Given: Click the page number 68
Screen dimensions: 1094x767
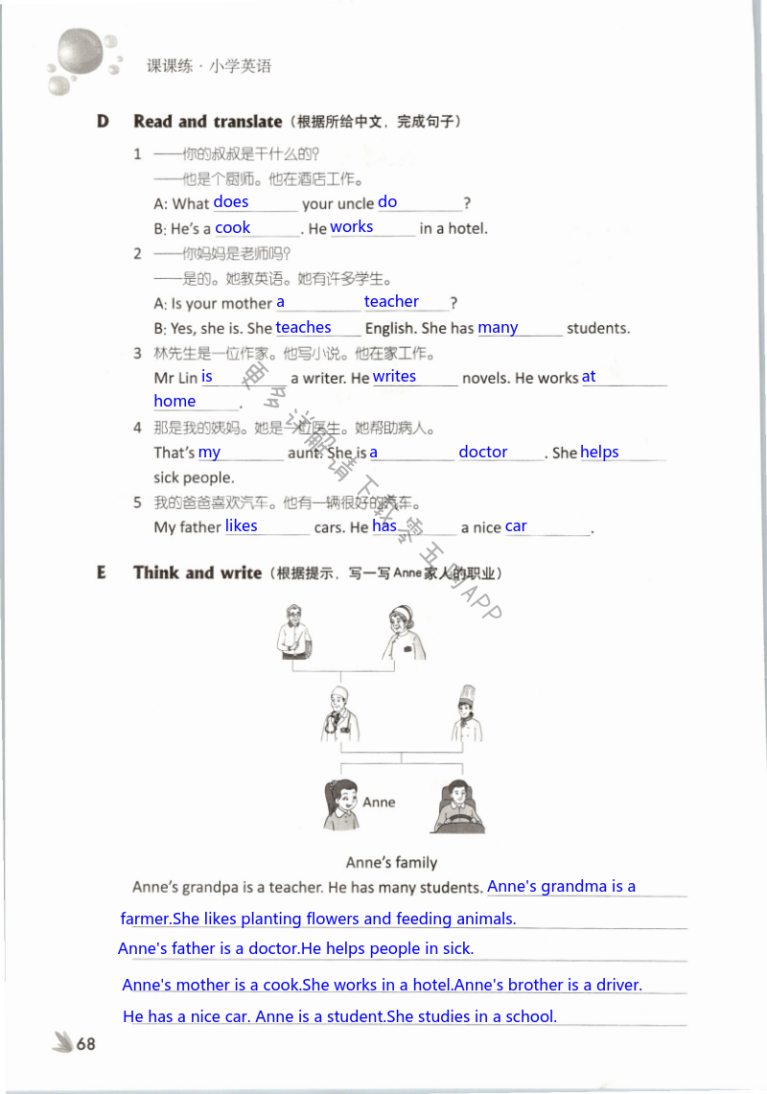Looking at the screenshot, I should click(86, 1044).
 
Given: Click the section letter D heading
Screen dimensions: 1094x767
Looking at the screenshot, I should click(103, 122).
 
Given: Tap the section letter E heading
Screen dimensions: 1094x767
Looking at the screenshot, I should click(102, 573).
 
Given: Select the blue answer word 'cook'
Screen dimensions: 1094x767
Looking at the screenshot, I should click(233, 228).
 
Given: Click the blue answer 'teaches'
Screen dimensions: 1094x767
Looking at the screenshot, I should click(303, 328).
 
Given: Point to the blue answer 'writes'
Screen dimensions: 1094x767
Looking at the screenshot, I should click(394, 377).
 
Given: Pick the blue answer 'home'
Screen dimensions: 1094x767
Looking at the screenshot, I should click(174, 402).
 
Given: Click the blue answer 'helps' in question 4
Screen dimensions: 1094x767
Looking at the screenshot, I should click(599, 453).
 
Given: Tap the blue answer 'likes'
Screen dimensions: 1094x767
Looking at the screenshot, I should click(242, 526).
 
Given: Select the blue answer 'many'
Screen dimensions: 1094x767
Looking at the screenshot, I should click(498, 328).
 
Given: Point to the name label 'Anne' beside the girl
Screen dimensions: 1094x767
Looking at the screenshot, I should click(379, 803).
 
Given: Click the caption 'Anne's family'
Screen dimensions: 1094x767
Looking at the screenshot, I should click(391, 862).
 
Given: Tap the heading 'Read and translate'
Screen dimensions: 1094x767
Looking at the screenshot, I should click(208, 122).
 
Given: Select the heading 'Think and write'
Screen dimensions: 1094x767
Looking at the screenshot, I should click(198, 573).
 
